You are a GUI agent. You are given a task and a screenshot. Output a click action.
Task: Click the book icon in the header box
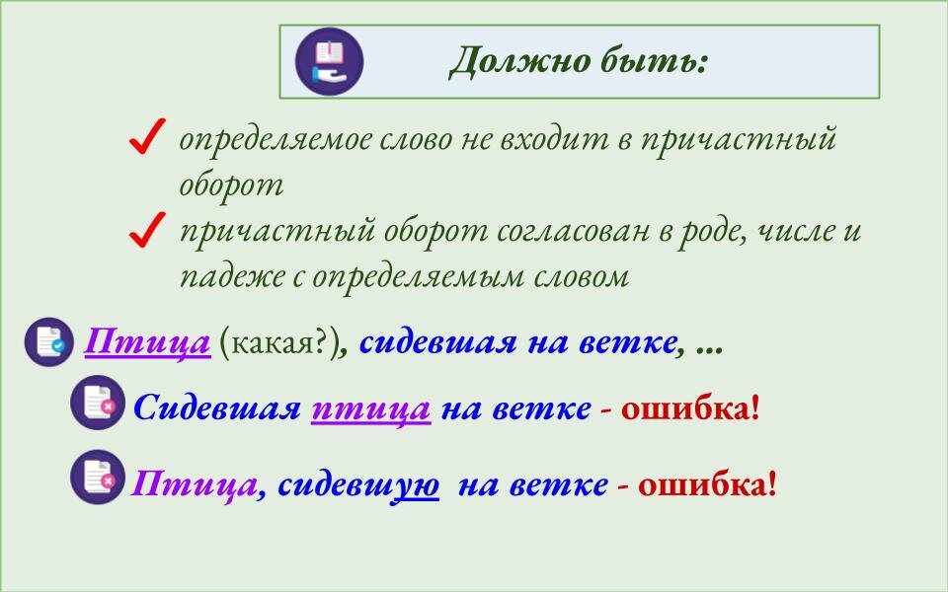click(330, 61)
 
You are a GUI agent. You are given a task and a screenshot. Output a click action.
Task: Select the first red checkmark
click(146, 139)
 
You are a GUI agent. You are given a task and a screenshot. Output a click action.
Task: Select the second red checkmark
click(146, 232)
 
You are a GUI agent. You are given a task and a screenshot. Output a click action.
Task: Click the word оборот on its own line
click(231, 185)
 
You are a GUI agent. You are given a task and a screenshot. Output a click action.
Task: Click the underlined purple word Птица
click(147, 343)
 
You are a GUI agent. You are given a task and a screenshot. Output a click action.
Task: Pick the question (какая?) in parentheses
click(276, 343)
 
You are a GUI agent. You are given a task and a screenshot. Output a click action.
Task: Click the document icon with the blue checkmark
click(48, 342)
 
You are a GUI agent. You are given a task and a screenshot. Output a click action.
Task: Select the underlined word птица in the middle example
click(370, 407)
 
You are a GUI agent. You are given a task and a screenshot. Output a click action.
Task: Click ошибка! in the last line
click(707, 484)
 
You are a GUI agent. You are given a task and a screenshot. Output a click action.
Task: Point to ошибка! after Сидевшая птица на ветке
click(690, 407)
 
